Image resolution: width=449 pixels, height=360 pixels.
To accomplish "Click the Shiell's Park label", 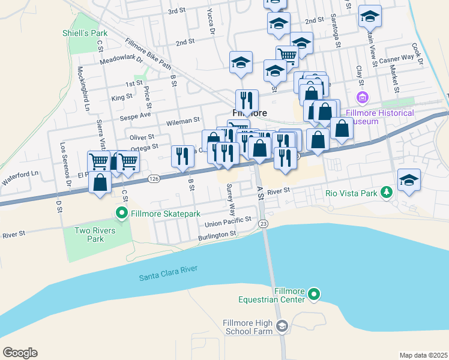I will click(85, 33).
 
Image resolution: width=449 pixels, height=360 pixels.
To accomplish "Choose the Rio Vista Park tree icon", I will click(388, 193).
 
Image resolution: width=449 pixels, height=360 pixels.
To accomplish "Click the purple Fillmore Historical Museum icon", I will click(362, 97).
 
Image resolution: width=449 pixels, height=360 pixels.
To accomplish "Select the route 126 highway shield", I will click(154, 178).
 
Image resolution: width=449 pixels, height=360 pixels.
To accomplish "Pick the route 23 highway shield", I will click(263, 224).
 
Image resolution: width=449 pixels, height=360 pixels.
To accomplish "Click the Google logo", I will click(20, 353).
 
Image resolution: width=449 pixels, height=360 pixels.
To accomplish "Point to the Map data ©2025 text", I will click(423, 355).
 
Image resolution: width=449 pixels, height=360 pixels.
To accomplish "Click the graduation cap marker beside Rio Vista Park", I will click(409, 179).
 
